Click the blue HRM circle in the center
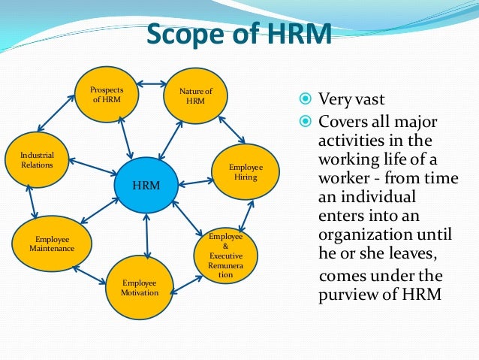146,185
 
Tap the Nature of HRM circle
195,96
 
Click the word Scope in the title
179,35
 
